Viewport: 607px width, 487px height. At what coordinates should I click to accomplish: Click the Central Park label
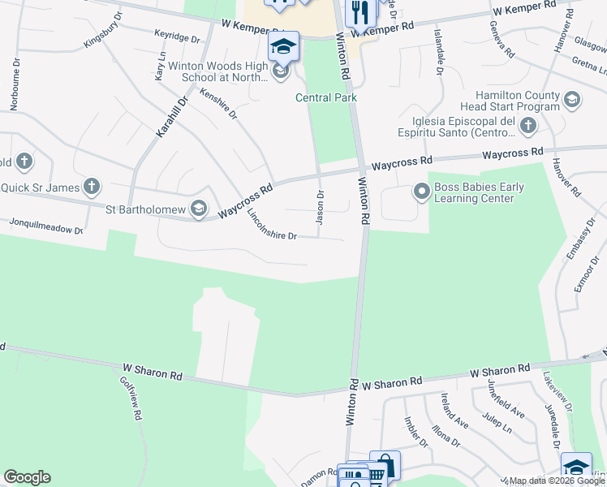[x=326, y=98]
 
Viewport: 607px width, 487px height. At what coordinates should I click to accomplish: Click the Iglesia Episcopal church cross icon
[x=529, y=126]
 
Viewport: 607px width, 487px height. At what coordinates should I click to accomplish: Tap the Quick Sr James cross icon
[x=91, y=187]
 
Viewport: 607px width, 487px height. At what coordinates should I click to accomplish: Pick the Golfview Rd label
[x=131, y=398]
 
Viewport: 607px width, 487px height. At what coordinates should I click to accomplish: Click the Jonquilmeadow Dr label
[x=46, y=225]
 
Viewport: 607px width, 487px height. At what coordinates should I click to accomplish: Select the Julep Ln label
[x=497, y=422]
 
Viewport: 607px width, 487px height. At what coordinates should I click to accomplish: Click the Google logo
[x=27, y=477]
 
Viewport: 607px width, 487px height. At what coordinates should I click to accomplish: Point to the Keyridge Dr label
[x=177, y=37]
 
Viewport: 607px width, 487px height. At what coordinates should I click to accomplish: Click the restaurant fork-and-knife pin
[x=359, y=12]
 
